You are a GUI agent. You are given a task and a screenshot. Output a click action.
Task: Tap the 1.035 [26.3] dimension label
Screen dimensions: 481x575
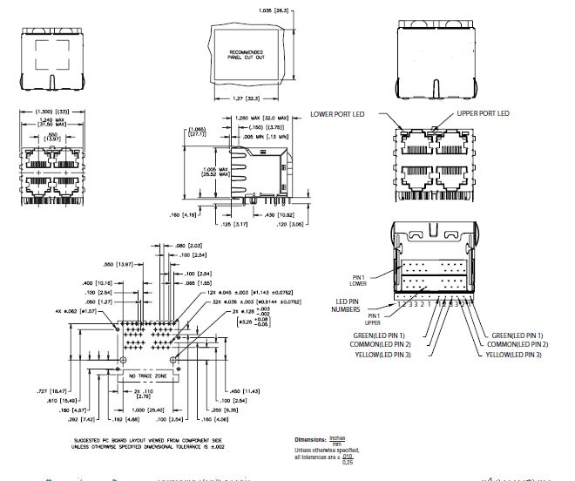point(273,10)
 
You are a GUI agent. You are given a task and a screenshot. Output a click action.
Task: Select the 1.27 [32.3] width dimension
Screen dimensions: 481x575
point(248,98)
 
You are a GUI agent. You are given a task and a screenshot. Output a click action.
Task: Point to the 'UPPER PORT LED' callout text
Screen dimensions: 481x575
point(484,114)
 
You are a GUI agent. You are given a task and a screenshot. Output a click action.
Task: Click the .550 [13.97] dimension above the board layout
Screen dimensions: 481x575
point(118,264)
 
